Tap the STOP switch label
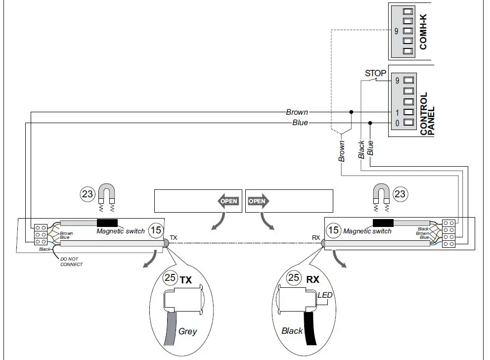(x=375, y=74)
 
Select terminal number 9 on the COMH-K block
(x=396, y=31)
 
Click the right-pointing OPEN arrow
(x=258, y=201)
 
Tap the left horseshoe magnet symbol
(x=106, y=194)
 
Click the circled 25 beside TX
(x=170, y=278)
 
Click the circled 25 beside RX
(x=294, y=277)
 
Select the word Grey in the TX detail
(x=187, y=331)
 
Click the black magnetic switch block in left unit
(x=107, y=223)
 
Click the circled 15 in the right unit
(x=334, y=230)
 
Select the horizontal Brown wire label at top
(x=297, y=112)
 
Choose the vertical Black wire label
(x=361, y=149)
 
